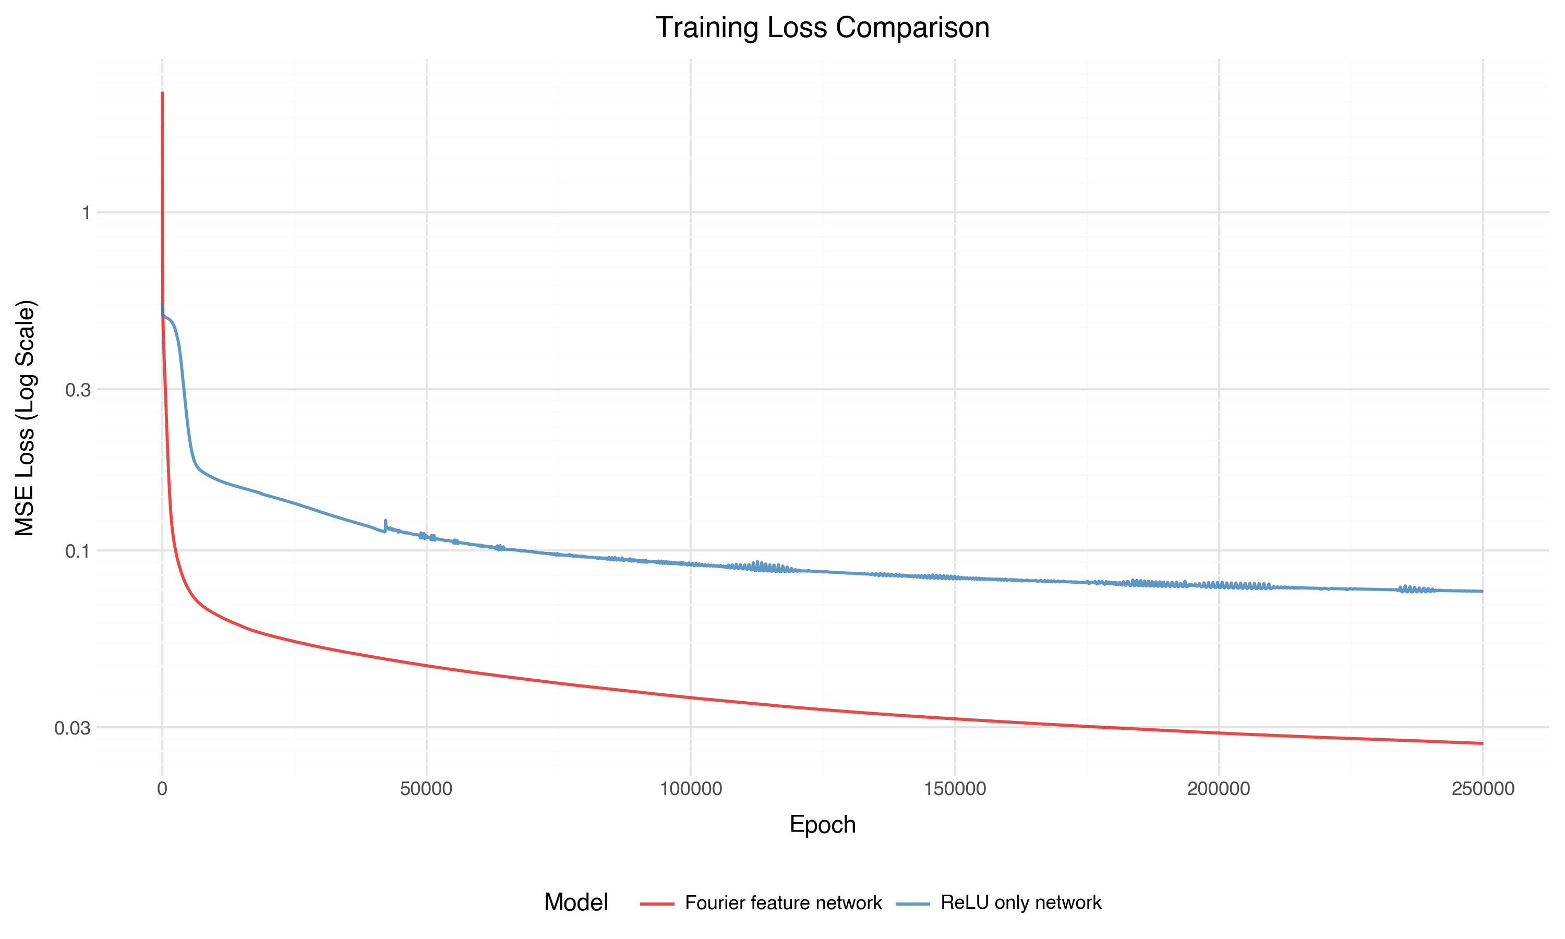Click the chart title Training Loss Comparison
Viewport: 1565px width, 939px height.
tap(822, 28)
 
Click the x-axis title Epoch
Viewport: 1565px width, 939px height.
tap(822, 824)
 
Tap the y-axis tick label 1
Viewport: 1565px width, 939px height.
tap(86, 213)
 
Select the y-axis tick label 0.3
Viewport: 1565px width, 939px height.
tap(78, 390)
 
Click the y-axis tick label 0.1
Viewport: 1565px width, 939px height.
tap(78, 551)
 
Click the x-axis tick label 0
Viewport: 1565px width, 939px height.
tap(163, 789)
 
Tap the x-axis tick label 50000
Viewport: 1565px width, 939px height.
tap(426, 789)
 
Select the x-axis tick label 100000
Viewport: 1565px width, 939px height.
tap(691, 789)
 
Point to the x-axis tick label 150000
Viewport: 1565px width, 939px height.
tap(955, 789)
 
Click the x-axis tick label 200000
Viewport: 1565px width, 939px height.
tap(1218, 789)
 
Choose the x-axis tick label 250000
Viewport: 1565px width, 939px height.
tap(1483, 789)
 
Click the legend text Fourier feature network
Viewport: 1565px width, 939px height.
tap(783, 903)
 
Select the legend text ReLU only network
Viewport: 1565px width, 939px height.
tap(1021, 903)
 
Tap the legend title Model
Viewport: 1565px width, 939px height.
tap(575, 903)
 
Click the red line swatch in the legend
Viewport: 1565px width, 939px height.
tap(657, 904)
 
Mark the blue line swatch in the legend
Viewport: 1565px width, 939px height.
tap(913, 904)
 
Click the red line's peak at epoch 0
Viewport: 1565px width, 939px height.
tap(163, 93)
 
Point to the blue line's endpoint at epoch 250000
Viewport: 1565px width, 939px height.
tap(1482, 591)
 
